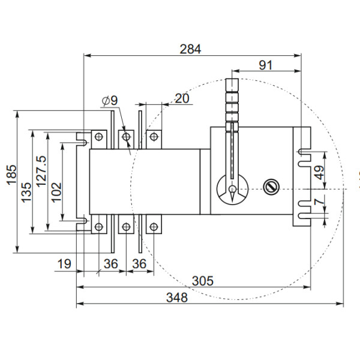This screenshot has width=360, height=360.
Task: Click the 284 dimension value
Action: coord(191,49)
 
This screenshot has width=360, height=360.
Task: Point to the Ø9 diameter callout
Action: coord(109,101)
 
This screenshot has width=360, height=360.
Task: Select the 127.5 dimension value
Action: coord(41,172)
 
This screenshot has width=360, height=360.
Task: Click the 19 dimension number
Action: coord(65,264)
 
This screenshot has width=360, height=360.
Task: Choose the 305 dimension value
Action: coord(202,281)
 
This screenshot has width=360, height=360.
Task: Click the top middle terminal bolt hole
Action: coord(126,138)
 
